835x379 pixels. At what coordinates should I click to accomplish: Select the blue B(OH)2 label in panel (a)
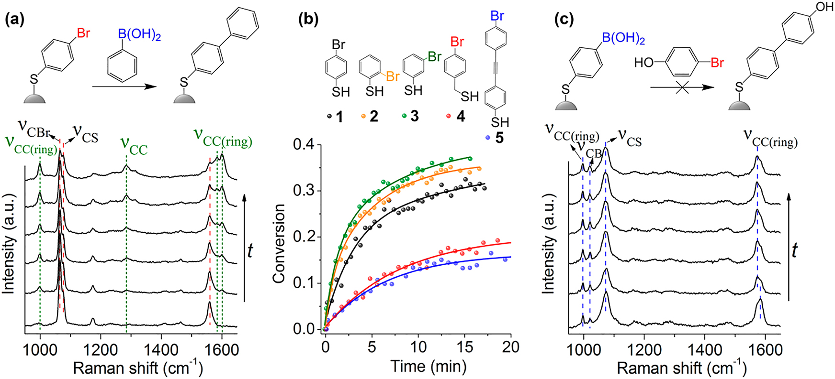(x=139, y=34)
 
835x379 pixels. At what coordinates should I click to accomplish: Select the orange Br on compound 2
(x=392, y=76)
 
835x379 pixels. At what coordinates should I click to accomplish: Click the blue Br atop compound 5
(x=497, y=16)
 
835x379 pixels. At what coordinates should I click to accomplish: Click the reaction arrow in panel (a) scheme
(x=124, y=87)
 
